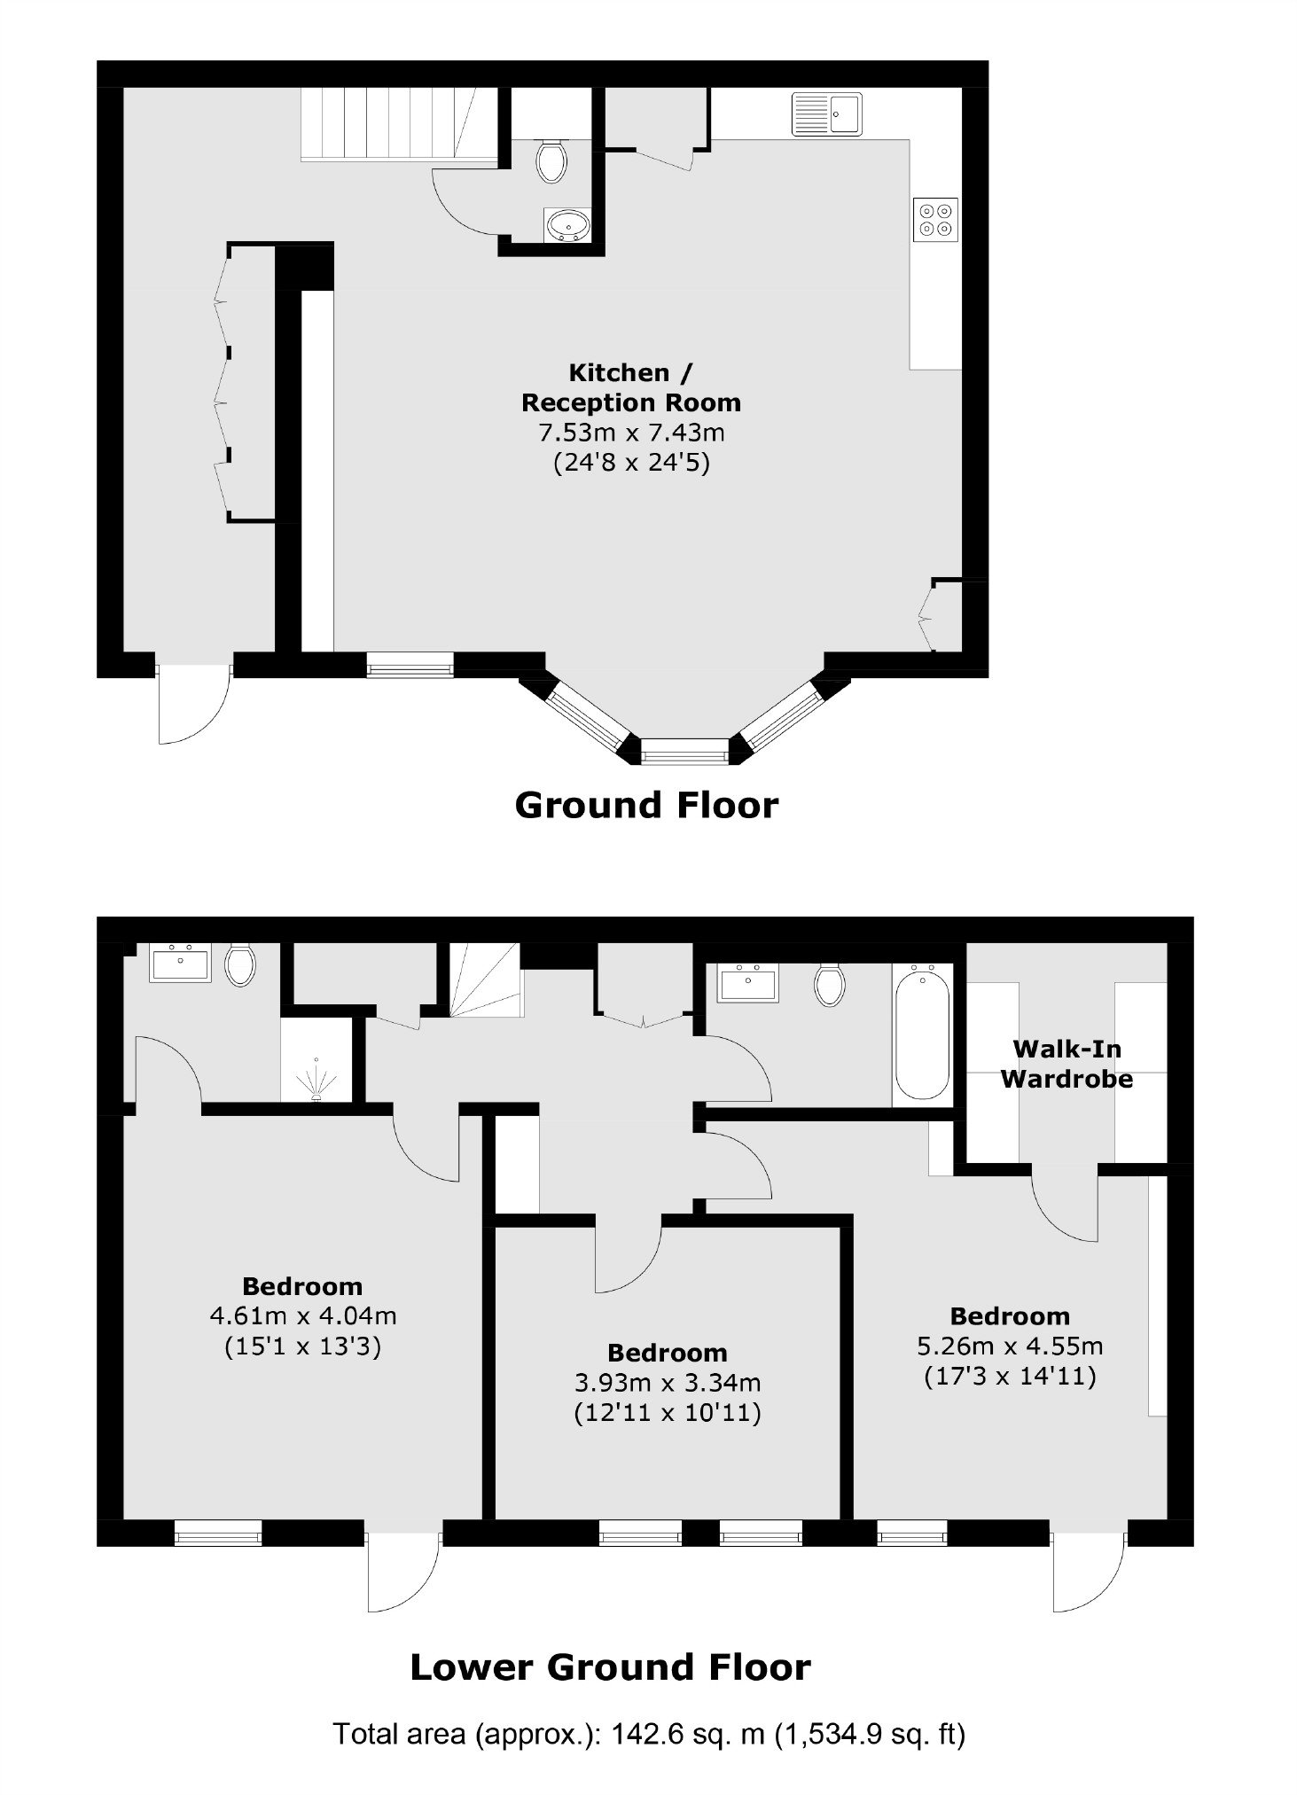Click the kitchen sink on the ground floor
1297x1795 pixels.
click(826, 114)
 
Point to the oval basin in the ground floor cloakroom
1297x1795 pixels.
click(568, 225)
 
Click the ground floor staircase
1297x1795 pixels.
click(398, 124)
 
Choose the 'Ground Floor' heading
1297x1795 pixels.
click(646, 805)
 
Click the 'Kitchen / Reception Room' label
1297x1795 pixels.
click(630, 387)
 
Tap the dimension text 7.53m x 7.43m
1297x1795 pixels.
click(631, 433)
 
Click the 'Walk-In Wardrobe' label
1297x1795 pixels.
click(1067, 1064)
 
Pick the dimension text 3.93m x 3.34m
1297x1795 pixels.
click(668, 1382)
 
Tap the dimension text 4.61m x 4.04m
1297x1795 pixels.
click(302, 1315)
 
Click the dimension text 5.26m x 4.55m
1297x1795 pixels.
click(1010, 1346)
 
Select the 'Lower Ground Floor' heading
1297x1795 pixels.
click(610, 1667)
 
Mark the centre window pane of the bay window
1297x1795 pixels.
click(684, 756)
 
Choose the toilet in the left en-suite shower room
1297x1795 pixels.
click(240, 965)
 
